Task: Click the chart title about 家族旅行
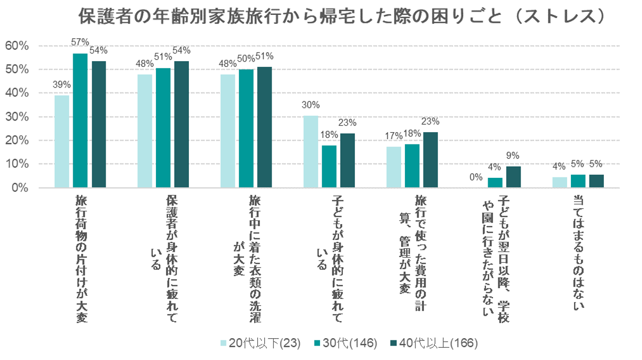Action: (342, 17)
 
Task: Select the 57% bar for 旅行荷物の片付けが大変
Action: (80, 121)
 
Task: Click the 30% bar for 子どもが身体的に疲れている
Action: (310, 152)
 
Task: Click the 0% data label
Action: (476, 178)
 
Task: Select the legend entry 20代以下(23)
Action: (260, 344)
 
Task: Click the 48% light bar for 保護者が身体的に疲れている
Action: (144, 131)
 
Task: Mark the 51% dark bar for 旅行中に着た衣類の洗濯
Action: (264, 127)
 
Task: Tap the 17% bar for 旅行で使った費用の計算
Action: (393, 167)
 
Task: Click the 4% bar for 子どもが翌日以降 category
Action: (494, 183)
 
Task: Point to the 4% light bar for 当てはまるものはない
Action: (559, 183)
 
